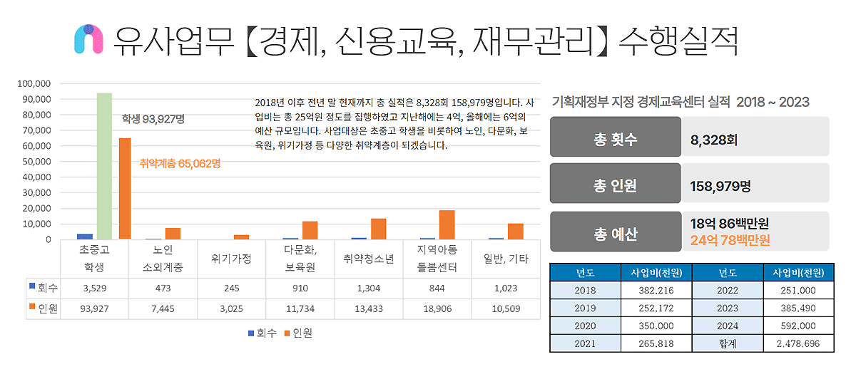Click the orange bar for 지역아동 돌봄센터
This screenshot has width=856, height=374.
[x=447, y=224]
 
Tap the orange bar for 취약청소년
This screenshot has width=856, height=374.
[x=378, y=229]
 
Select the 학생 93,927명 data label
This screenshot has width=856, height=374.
[x=153, y=119]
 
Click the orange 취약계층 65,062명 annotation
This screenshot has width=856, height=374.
[x=180, y=163]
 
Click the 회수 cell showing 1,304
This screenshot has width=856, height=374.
[x=369, y=289]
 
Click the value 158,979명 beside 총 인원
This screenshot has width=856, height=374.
[x=720, y=187]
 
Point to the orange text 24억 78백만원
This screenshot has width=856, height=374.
[x=730, y=240]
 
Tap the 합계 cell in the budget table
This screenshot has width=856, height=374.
[x=727, y=343]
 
